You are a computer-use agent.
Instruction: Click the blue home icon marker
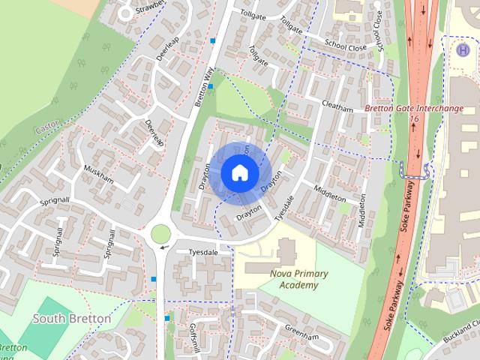pyautogui.click(x=239, y=172)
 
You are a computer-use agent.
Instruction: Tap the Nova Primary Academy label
pyautogui.click(x=289, y=279)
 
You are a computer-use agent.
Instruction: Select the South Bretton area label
pyautogui.click(x=72, y=319)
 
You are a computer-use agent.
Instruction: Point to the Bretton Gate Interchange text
pyautogui.click(x=414, y=109)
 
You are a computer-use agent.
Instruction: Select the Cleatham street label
pyautogui.click(x=337, y=106)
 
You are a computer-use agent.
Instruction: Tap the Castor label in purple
pyautogui.click(x=46, y=130)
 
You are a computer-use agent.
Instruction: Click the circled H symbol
pyautogui.click(x=463, y=49)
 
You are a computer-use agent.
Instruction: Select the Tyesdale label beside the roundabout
pyautogui.click(x=202, y=252)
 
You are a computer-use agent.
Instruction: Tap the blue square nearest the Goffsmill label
pyautogui.click(x=167, y=318)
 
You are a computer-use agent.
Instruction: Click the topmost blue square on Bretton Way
pyautogui.click(x=213, y=40)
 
